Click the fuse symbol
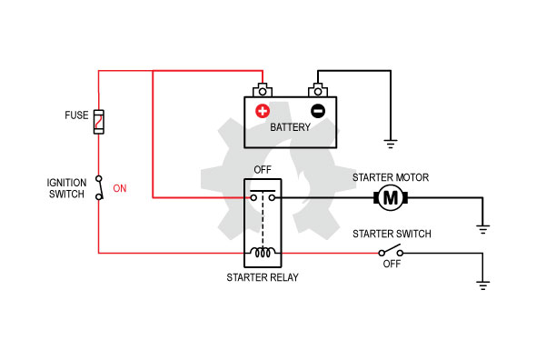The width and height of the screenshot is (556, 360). click(x=99, y=122)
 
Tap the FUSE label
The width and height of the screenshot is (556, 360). click(x=76, y=115)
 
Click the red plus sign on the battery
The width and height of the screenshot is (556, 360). click(x=263, y=111)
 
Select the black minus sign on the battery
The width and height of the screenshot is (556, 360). click(x=318, y=111)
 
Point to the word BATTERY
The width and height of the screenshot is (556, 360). click(x=290, y=127)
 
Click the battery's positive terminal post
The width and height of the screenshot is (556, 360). click(x=263, y=90)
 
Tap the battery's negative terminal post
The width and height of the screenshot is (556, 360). click(x=318, y=90)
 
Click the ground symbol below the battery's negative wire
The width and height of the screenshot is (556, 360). click(x=391, y=144)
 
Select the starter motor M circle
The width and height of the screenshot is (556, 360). click(x=391, y=198)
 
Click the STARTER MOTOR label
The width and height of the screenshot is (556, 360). click(x=391, y=177)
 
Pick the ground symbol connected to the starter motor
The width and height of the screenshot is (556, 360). click(x=482, y=229)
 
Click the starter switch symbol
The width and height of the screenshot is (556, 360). click(x=391, y=251)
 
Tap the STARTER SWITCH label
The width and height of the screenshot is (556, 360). click(x=392, y=234)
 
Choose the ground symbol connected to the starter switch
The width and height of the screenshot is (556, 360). click(x=482, y=285)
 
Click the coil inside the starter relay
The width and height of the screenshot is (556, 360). click(x=263, y=252)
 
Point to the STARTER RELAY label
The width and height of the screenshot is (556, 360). click(x=263, y=277)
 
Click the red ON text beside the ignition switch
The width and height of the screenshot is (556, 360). click(x=120, y=188)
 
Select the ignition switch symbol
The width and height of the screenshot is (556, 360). click(x=99, y=187)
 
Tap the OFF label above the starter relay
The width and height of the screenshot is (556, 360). click(x=263, y=170)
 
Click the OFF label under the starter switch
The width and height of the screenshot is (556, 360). click(x=392, y=264)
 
